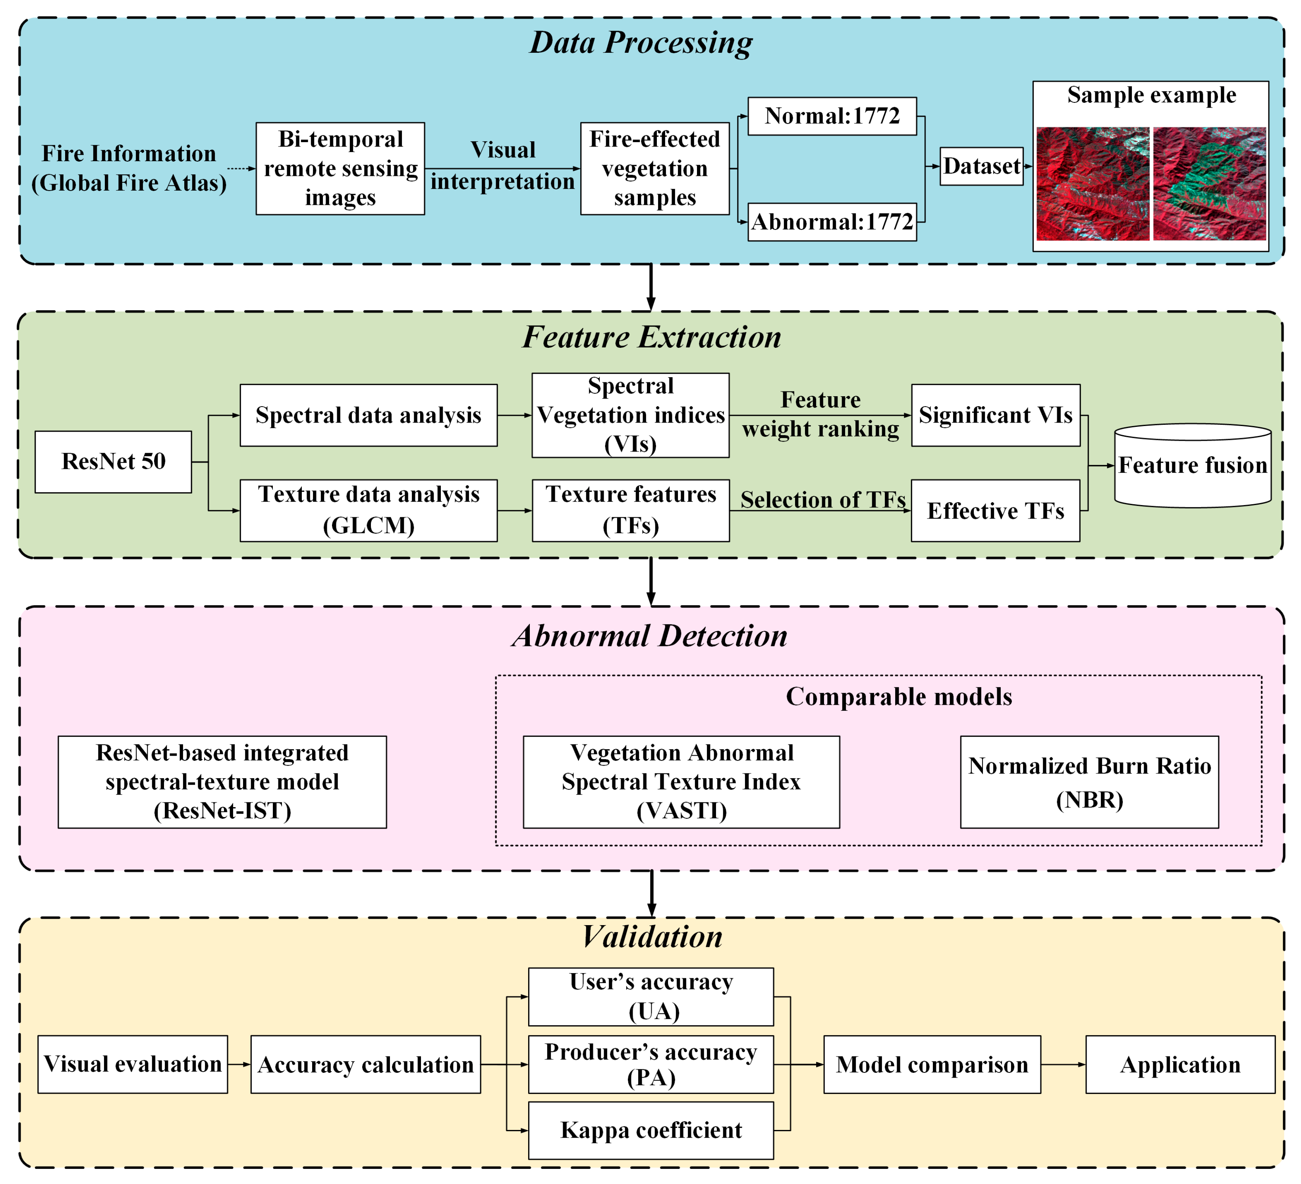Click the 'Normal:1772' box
coord(832,116)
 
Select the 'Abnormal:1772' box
coord(832,222)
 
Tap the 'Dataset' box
coord(982,166)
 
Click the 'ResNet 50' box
coord(114,462)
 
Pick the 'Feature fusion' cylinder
coord(1193,465)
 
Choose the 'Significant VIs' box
coord(996,416)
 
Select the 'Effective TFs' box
coord(996,510)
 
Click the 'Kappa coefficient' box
coord(651,1130)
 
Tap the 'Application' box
coord(1180,1064)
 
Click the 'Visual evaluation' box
coord(133,1064)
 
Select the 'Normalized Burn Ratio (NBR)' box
coord(1089,782)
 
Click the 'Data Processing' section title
coord(641,42)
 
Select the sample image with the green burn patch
coord(1209,184)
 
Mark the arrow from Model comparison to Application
coord(1064,1064)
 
